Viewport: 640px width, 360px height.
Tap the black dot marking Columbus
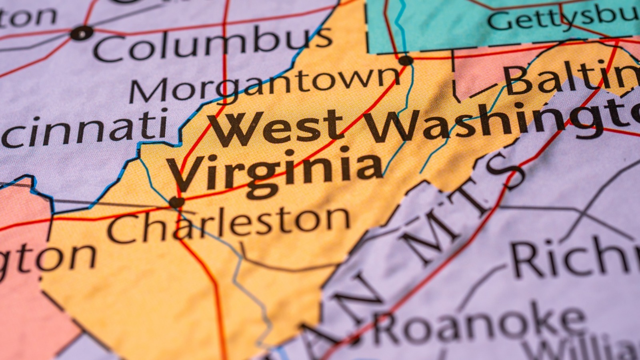click(x=82, y=33)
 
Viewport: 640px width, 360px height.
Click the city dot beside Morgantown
click(x=406, y=61)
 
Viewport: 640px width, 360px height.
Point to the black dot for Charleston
click(x=176, y=202)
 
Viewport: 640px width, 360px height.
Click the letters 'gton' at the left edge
click(x=44, y=258)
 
